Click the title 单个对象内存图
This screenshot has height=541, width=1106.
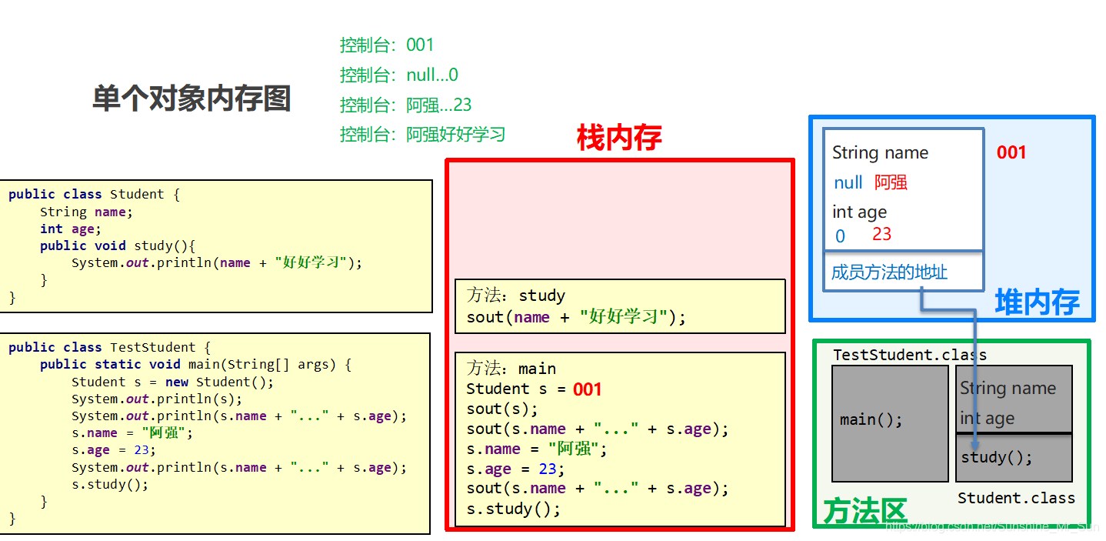point(192,99)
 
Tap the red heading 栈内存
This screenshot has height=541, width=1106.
point(619,139)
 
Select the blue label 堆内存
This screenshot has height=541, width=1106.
point(1037,302)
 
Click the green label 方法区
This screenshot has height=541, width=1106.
point(864,510)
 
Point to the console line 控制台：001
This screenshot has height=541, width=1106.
point(387,45)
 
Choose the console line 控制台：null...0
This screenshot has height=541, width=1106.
point(398,75)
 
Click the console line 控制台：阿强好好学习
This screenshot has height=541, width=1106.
point(422,135)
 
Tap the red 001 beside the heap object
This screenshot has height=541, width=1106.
point(1011,152)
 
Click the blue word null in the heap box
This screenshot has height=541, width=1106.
point(848,183)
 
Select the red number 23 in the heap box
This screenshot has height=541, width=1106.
point(881,234)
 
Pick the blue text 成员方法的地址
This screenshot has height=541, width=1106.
point(889,272)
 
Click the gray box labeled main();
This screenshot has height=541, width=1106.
point(890,422)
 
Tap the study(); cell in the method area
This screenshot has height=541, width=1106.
point(1014,458)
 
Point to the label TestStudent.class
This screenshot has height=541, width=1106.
point(909,355)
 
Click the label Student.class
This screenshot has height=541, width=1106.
point(1016,499)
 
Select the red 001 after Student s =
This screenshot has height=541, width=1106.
point(587,389)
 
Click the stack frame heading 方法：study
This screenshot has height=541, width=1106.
point(515,296)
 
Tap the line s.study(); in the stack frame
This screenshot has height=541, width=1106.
point(513,509)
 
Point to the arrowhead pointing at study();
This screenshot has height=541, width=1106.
point(975,444)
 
